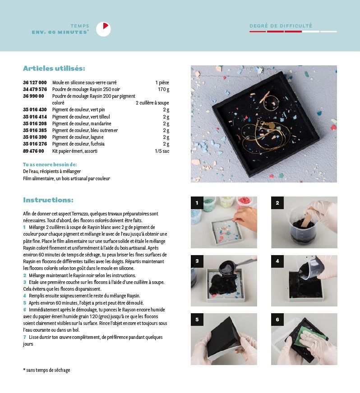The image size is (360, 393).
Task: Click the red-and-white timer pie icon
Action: pyautogui.click(x=103, y=29)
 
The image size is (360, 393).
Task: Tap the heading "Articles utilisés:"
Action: pyautogui.click(x=54, y=69)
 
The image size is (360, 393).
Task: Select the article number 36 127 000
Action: pyautogui.click(x=35, y=82)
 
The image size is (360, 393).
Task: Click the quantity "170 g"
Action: pyautogui.click(x=164, y=90)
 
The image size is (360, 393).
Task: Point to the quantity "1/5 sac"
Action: pyautogui.click(x=162, y=151)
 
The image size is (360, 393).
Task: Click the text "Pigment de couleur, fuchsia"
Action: pyautogui.click(x=78, y=144)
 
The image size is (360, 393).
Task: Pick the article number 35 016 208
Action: pyautogui.click(x=35, y=123)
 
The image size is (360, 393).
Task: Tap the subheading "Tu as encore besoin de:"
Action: pyautogui.click(x=50, y=165)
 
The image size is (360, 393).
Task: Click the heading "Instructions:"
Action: pyautogui.click(x=48, y=200)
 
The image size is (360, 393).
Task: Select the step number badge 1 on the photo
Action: pyautogui.click(x=197, y=203)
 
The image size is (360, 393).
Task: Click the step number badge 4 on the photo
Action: pyautogui.click(x=277, y=261)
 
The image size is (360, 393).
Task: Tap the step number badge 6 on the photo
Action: pyautogui.click(x=277, y=320)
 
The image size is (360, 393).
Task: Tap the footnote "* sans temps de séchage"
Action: pyautogui.click(x=46, y=370)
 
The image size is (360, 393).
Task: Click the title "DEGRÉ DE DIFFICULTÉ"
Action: pyautogui.click(x=281, y=26)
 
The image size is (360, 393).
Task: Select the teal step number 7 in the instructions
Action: pyautogui.click(x=24, y=337)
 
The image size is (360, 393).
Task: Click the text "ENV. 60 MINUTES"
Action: pyautogui.click(x=60, y=32)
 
